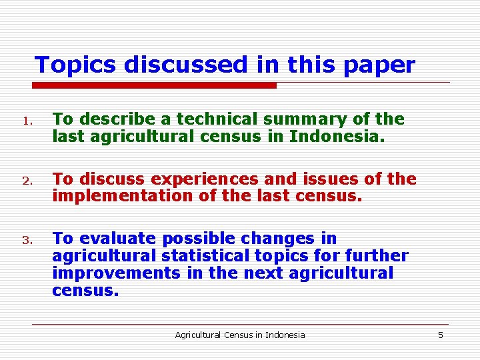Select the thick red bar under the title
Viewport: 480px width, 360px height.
tap(155, 85)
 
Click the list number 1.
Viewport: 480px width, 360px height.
tap(26, 121)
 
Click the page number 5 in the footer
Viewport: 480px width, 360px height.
tap(440, 335)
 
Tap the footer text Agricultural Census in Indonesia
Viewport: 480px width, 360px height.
tap(239, 335)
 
